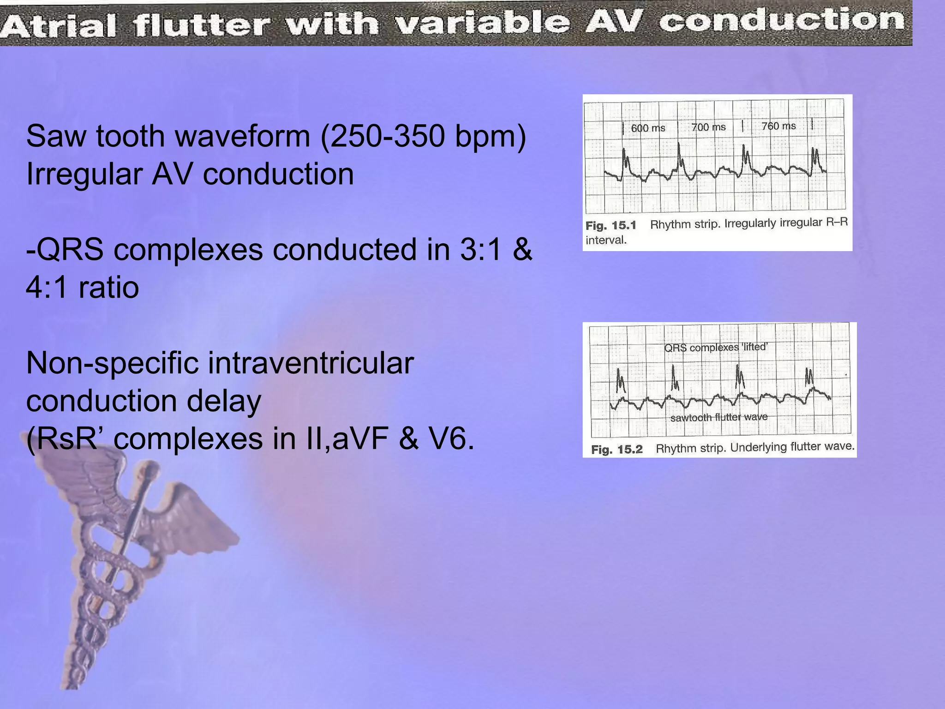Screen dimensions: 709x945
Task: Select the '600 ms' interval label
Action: point(648,128)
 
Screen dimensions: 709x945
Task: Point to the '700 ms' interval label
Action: point(708,127)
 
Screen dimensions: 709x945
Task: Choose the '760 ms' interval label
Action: point(778,126)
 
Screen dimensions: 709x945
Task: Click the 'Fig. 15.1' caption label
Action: point(610,226)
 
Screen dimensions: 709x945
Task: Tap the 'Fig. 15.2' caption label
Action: point(616,449)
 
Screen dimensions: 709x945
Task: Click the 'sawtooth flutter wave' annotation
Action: point(718,417)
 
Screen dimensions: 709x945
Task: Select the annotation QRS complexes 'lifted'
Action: point(715,347)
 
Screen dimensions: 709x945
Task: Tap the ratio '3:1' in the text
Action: point(480,250)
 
